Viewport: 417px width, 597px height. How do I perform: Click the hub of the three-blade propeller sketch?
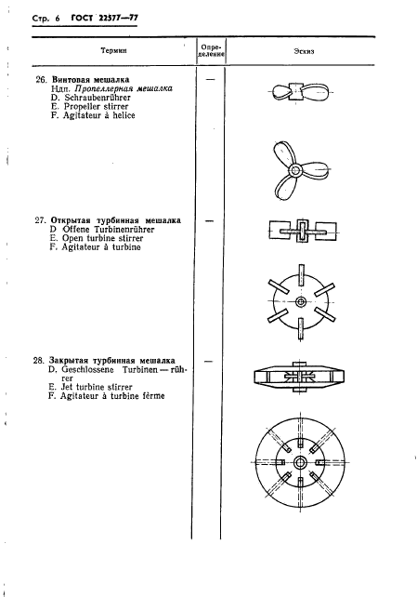click(294, 170)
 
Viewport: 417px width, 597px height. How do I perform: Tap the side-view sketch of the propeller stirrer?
click(299, 94)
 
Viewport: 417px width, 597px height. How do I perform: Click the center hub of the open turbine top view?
click(301, 303)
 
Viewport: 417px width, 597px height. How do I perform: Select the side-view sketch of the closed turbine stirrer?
click(300, 377)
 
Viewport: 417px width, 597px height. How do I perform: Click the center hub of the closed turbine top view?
click(301, 462)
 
